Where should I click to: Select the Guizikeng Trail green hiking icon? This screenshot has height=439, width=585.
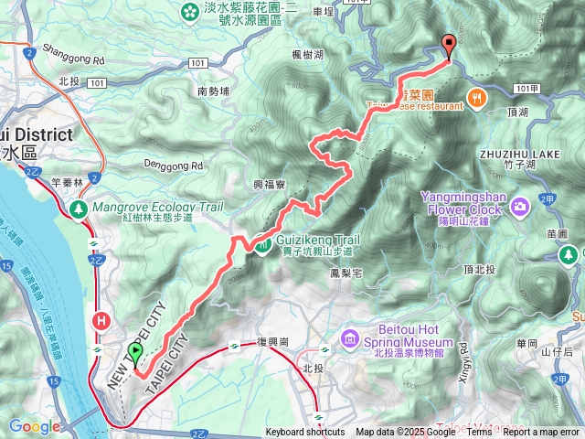262,244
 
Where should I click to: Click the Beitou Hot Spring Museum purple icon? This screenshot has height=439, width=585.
349,340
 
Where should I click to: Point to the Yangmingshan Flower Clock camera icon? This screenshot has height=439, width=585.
520,205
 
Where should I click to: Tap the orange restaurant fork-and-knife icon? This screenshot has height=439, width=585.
476,98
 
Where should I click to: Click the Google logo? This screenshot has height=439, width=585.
34,427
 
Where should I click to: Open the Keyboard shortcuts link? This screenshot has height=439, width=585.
305,433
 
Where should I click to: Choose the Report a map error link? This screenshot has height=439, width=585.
541,433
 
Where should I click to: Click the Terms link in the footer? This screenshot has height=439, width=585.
479,433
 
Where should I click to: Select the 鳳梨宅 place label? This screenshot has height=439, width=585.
347,273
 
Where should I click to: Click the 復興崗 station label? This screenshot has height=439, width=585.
273,341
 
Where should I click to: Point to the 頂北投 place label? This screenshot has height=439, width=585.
481,271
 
